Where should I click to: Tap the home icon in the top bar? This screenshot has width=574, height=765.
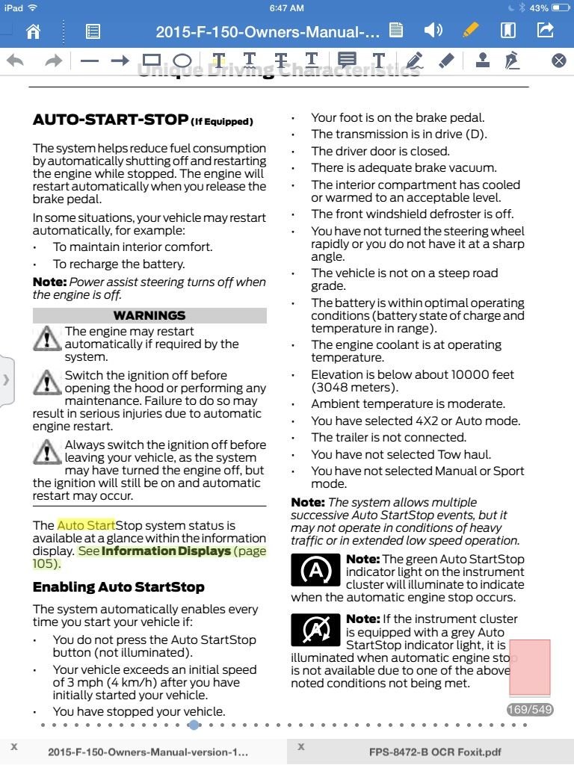(33, 31)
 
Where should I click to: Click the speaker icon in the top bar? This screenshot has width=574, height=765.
(433, 31)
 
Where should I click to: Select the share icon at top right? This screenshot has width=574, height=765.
(546, 31)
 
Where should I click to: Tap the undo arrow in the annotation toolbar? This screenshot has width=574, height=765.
(15, 61)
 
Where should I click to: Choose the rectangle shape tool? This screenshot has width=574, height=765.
(152, 61)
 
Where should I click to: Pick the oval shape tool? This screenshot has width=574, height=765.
(182, 61)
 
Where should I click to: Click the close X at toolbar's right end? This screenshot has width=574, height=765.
(559, 61)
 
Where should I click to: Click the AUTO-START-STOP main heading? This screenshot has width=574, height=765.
(110, 120)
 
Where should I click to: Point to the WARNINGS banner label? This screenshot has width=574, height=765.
(149, 315)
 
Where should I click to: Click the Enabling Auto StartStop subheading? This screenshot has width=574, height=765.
(118, 587)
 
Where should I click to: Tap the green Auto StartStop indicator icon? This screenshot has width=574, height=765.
(315, 572)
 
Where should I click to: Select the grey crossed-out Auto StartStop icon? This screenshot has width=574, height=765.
(315, 630)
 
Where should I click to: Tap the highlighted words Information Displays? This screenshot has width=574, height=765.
(166, 551)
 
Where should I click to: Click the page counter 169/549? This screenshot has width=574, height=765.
(529, 710)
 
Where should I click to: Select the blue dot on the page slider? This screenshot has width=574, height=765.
(194, 725)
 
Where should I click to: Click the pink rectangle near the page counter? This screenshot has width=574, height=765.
(530, 667)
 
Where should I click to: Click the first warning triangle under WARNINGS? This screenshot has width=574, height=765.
(47, 338)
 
